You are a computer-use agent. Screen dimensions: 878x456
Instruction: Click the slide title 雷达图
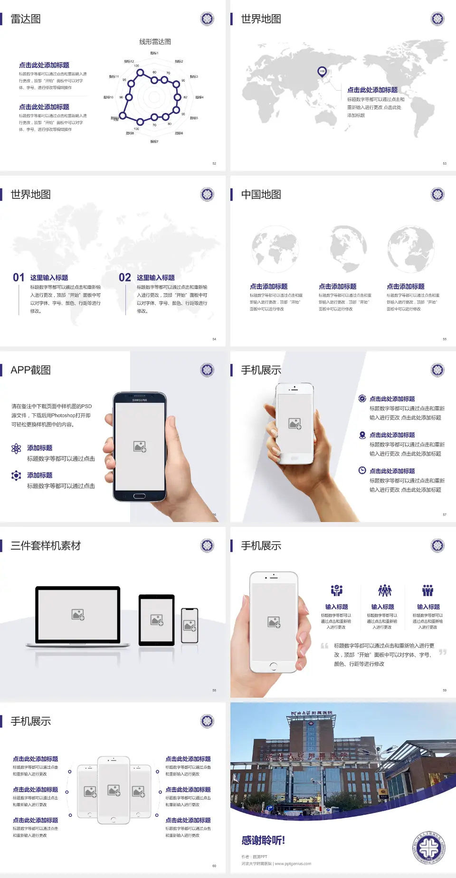point(26,19)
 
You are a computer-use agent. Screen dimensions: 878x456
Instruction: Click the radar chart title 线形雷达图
point(155,42)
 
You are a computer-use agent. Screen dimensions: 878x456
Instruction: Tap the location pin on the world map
point(322,71)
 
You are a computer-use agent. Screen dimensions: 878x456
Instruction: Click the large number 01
point(19,277)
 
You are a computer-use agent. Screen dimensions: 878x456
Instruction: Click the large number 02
point(124,277)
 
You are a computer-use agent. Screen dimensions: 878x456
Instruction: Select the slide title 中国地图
point(261,195)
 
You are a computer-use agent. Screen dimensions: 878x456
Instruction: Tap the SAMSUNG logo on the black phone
point(140,400)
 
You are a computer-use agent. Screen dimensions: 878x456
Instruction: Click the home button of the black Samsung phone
point(139,496)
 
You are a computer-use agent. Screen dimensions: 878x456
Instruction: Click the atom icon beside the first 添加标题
point(16,448)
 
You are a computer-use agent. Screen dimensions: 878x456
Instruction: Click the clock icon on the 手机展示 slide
point(362,470)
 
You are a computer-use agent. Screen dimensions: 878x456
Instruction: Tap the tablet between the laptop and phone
point(157,619)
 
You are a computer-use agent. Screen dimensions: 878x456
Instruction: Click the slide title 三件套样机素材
point(46,546)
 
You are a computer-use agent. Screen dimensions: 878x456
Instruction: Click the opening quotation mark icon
point(324,646)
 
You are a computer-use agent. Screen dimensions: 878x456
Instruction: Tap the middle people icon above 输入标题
point(384,590)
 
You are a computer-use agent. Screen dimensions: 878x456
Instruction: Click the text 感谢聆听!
point(263,841)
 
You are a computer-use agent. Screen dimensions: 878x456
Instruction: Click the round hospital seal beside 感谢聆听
point(428,848)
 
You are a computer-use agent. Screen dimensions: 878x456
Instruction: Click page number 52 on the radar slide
point(214,163)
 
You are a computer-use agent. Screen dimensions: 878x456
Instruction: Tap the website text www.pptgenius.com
point(293,864)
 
